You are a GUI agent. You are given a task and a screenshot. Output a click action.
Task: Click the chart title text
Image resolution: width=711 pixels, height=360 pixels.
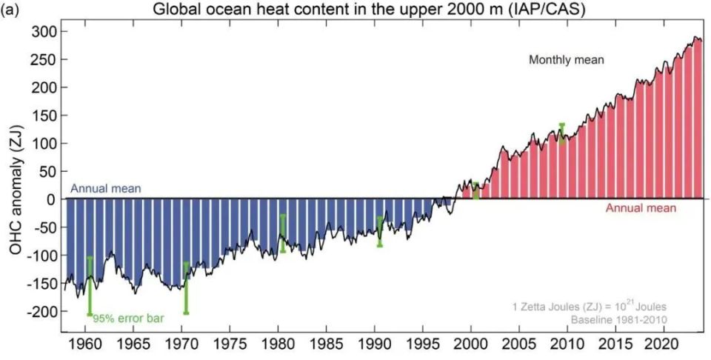[x=378, y=10]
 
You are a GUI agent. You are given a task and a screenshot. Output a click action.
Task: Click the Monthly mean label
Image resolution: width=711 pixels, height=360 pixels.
[x=567, y=59]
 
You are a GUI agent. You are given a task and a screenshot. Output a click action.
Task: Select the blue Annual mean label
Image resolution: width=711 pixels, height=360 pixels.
[x=105, y=188]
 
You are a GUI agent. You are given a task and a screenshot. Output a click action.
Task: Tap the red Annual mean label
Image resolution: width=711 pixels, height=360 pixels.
[x=641, y=208]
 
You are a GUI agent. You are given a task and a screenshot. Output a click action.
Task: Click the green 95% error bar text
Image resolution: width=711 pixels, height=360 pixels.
[x=127, y=319]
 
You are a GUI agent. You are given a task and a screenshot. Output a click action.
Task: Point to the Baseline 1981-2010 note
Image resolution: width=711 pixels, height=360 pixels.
[x=618, y=320]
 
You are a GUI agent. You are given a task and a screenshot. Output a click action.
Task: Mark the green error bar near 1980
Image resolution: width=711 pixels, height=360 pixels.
[x=282, y=233]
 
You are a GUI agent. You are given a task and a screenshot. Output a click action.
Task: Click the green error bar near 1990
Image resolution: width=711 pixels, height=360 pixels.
[x=379, y=231]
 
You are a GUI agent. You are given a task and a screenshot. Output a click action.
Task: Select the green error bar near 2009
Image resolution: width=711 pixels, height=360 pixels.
[x=561, y=133]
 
